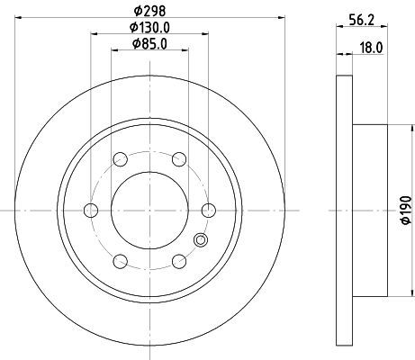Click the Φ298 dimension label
click(x=149, y=11)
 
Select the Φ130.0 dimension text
click(x=149, y=28)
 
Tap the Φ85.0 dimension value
click(x=149, y=44)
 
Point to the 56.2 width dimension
click(x=362, y=20)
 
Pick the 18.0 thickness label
click(x=372, y=48)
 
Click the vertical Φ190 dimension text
click(x=406, y=210)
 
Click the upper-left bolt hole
click(x=121, y=159)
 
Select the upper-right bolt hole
click(x=179, y=159)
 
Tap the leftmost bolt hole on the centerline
click(x=91, y=210)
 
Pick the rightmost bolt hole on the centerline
click(x=209, y=210)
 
